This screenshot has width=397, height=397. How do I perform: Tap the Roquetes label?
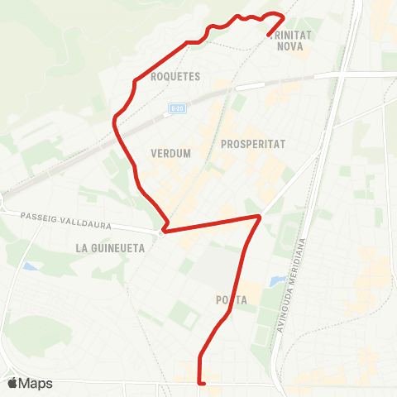pyautogui.click(x=176, y=76)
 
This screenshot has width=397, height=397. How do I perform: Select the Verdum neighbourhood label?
pyautogui.click(x=171, y=153)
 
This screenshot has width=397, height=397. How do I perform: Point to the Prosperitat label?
pyautogui.click(x=253, y=144)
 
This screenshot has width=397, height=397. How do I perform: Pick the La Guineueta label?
pyautogui.click(x=109, y=247)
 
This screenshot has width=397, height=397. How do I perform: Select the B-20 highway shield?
pyautogui.click(x=176, y=108)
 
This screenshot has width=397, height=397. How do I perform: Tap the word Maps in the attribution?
pyautogui.click(x=36, y=383)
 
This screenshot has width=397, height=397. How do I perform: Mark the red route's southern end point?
pyautogui.click(x=201, y=383)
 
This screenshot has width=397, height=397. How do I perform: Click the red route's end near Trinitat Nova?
pyautogui.click(x=269, y=34)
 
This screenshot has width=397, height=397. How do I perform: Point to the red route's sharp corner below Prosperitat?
pyautogui.click(x=261, y=217)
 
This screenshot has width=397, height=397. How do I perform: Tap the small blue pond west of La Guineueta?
pyautogui.click(x=31, y=267)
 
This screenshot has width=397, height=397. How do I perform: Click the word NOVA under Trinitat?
pyautogui.click(x=291, y=47)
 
